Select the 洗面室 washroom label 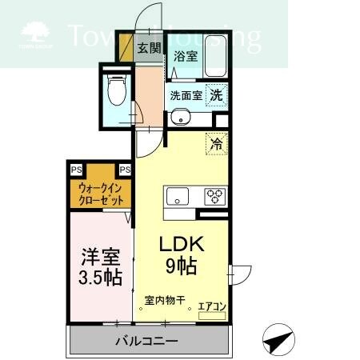pos(184,95)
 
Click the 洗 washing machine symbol pos(215,94)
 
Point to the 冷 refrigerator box pos(215,144)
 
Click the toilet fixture pos(117,91)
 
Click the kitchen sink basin pos(177,196)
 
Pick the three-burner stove pos(214,195)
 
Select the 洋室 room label pos(100,258)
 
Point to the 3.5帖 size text pos(100,278)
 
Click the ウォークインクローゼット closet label pos(100,194)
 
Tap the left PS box pos(75,170)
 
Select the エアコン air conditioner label pos(212,305)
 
